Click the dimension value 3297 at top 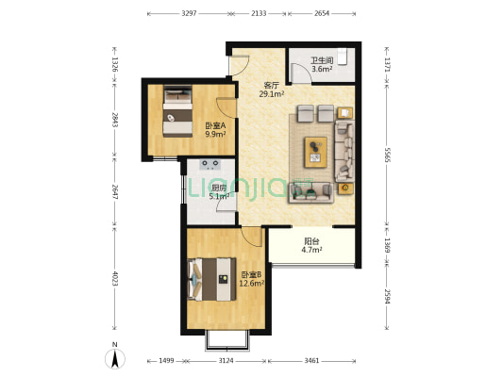click(189, 13)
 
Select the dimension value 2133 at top click(259, 13)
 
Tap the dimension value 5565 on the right click(387, 155)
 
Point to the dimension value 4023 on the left click(115, 279)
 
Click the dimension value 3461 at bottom click(311, 361)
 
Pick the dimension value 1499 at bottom click(166, 361)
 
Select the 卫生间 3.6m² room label click(322, 64)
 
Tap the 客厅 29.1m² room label click(272, 90)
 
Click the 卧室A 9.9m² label click(215, 130)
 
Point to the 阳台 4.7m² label click(311, 245)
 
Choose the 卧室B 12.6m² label click(252, 279)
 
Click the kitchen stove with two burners click(210, 164)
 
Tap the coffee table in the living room click(316, 152)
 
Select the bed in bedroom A click(177, 111)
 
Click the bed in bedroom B click(212, 279)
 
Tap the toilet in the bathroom click(343, 57)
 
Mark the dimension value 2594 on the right click(387, 297)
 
